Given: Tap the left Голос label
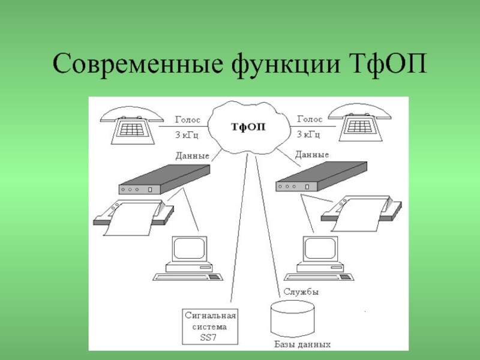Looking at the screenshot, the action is click(x=188, y=119).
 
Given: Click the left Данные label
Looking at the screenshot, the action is click(x=192, y=156).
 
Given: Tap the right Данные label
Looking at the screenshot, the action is click(x=312, y=154).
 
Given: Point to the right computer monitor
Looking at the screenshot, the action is click(x=320, y=250).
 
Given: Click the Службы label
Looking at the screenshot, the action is click(x=301, y=292).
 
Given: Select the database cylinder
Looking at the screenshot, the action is click(x=292, y=318).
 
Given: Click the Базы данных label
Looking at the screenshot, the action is click(x=302, y=345).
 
